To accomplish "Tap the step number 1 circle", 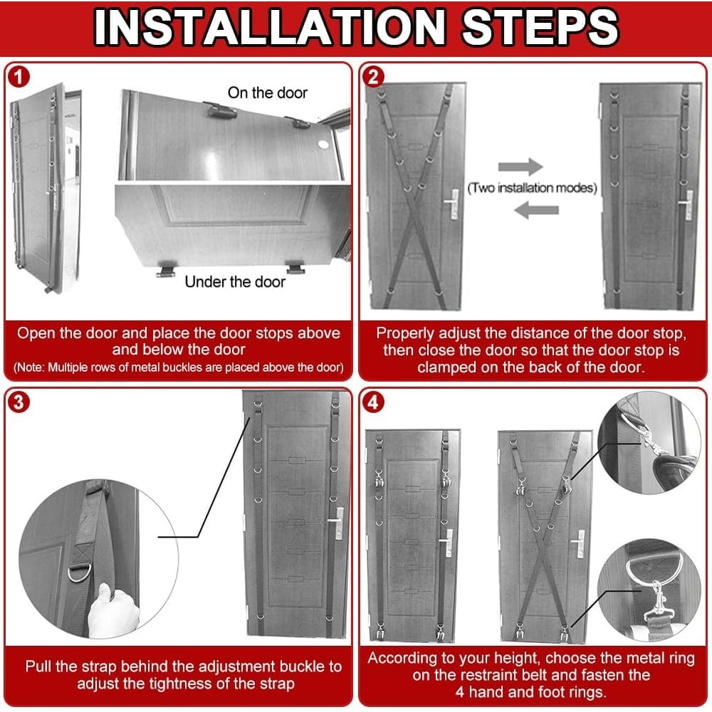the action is click(19, 77).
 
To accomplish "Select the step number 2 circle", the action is click(373, 77).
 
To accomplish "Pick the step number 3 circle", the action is click(19, 402).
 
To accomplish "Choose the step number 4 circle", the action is click(373, 402).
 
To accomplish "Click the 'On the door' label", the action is click(268, 93).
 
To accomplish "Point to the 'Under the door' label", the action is click(235, 281).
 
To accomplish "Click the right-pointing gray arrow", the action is click(520, 166).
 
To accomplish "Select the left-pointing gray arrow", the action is click(536, 210).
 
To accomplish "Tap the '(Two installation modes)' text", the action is click(532, 187).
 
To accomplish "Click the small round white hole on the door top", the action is click(323, 145).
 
